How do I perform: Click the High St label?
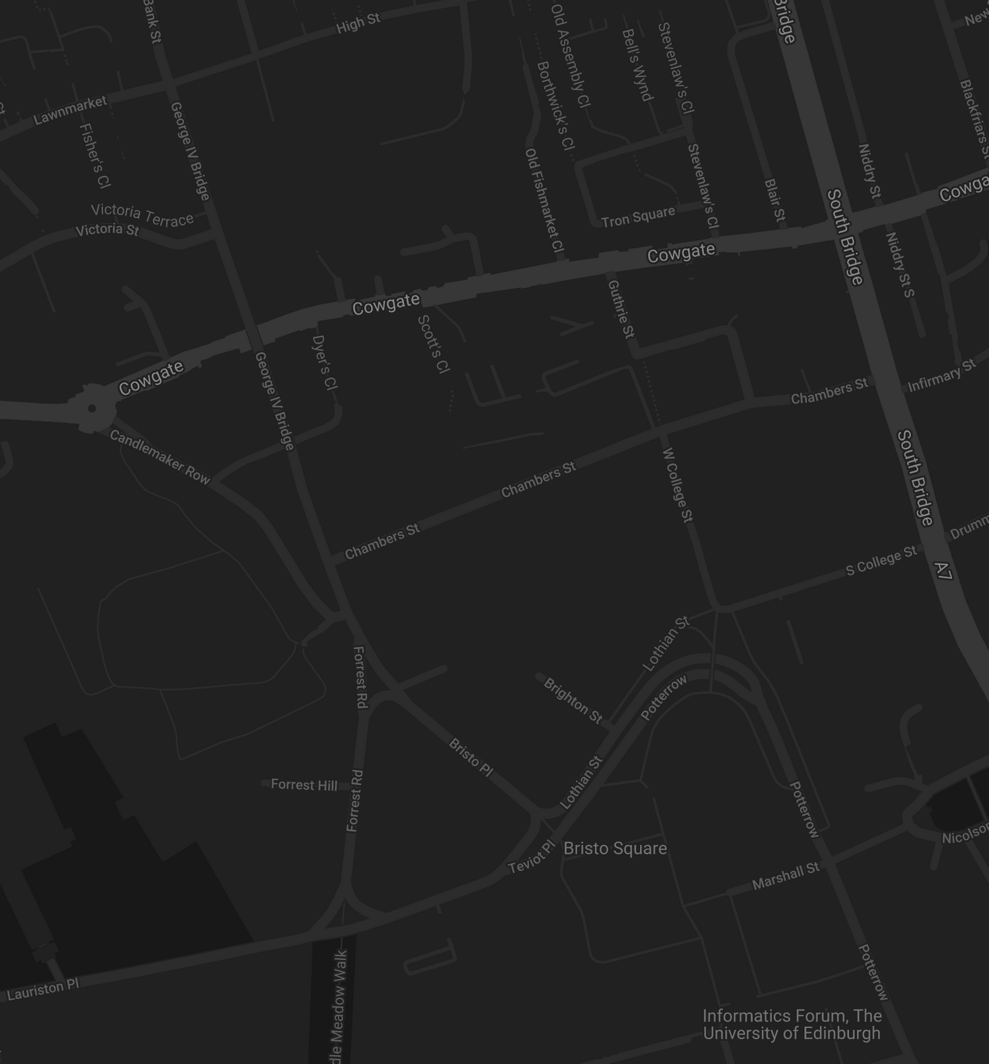click(x=358, y=24)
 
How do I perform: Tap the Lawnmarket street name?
click(x=70, y=110)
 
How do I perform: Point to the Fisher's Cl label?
click(x=94, y=155)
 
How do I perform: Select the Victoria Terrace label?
click(x=142, y=214)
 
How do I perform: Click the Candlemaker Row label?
click(x=160, y=457)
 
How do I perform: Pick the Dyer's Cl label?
click(x=325, y=363)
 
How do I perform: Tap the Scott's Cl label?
click(x=434, y=344)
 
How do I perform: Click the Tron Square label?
click(x=638, y=217)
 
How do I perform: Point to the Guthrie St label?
click(x=621, y=309)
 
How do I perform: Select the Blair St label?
click(x=775, y=200)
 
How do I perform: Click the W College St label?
click(x=678, y=485)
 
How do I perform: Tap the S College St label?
click(x=881, y=560)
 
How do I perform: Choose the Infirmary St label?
click(x=941, y=376)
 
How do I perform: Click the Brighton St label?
click(x=573, y=701)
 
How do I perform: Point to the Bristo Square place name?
click(x=615, y=849)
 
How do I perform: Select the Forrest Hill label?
click(x=304, y=785)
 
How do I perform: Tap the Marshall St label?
click(x=785, y=876)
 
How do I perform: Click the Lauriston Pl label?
click(x=43, y=989)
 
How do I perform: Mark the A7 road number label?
click(x=943, y=571)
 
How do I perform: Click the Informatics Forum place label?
click(x=792, y=1024)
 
